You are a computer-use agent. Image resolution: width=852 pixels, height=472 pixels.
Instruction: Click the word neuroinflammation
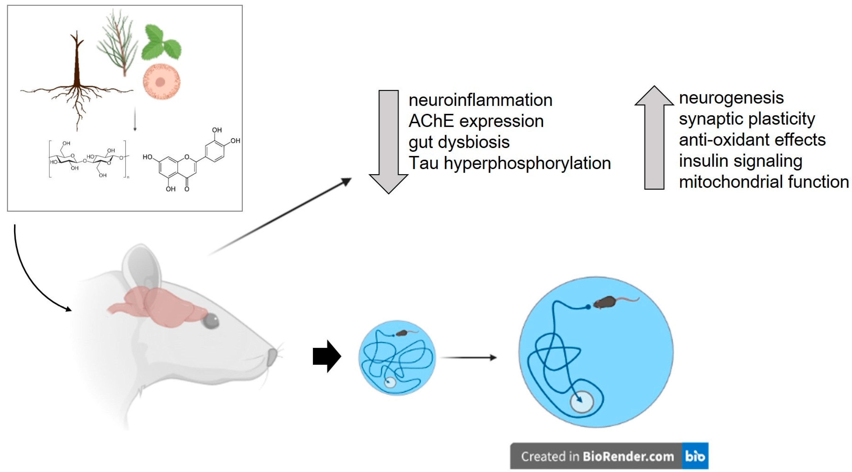[480, 100]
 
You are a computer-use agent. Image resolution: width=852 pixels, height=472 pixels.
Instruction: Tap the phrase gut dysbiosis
[459, 142]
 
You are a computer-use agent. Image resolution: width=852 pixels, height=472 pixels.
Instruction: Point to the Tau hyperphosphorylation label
[509, 163]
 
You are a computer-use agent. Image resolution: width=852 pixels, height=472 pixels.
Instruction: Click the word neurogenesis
[731, 98]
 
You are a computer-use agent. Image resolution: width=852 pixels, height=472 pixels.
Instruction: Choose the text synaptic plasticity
[747, 119]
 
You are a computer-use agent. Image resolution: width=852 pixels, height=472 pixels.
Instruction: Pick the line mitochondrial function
[764, 182]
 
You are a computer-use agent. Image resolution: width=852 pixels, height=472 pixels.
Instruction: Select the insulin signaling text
[740, 161]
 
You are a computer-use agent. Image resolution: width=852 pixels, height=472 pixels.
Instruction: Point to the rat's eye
[211, 321]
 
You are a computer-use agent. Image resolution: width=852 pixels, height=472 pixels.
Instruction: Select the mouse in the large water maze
[605, 302]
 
